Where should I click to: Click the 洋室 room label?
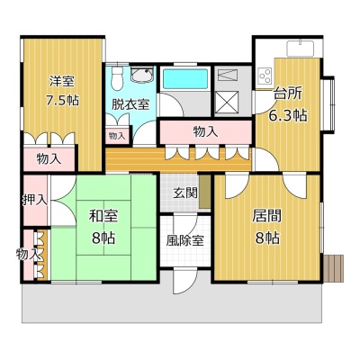pyautogui.click(x=62, y=81)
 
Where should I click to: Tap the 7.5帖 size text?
pyautogui.click(x=62, y=100)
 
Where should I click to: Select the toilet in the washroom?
pyautogui.click(x=116, y=77)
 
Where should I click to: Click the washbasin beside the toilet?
pyautogui.click(x=142, y=74)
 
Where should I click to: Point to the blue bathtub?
pyautogui.click(x=185, y=78)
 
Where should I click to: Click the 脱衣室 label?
pyautogui.click(x=130, y=104)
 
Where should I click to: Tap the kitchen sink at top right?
pyautogui.click(x=301, y=49)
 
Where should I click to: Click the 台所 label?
pyautogui.click(x=287, y=94)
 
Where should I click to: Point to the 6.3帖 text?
pyautogui.click(x=287, y=114)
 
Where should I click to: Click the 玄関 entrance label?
pyautogui.click(x=185, y=193)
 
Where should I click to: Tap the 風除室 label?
pyautogui.click(x=185, y=240)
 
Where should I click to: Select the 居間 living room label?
pyautogui.click(x=266, y=216)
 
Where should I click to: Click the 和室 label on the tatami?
pyautogui.click(x=103, y=216)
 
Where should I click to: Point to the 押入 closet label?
pyautogui.click(x=35, y=200)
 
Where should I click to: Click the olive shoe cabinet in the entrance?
pyautogui.click(x=205, y=191)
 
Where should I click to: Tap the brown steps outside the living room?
pyautogui.click(x=334, y=268)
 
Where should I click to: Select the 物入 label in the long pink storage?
pyautogui.click(x=205, y=131)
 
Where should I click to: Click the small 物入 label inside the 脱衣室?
pyautogui.click(x=117, y=136)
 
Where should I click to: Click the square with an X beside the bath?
pyautogui.click(x=227, y=103)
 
